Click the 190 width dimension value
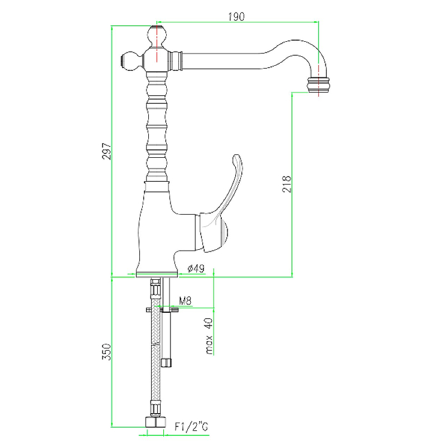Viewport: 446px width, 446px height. (x=236, y=17)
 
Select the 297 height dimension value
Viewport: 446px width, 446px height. (x=106, y=152)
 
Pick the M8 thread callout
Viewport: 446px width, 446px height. (x=185, y=302)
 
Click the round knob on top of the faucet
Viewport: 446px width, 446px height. (x=158, y=37)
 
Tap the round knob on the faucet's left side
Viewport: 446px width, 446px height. (x=132, y=60)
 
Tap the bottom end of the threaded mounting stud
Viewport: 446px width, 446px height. (x=167, y=362)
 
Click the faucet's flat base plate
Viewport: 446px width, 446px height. (x=157, y=274)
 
